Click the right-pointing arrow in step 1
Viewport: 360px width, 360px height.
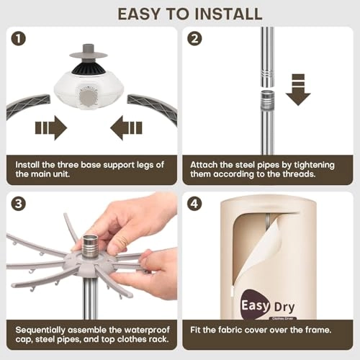click(51, 128)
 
